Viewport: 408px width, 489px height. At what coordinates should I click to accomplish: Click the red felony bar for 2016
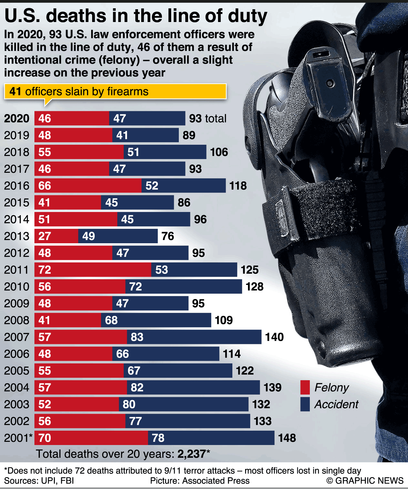(x=88, y=186)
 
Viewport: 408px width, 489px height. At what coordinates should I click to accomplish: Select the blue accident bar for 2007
(x=194, y=337)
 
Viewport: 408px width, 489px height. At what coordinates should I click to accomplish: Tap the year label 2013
(x=17, y=236)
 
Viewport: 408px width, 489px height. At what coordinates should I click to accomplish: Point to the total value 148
(x=287, y=438)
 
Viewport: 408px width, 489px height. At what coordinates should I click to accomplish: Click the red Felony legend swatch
(x=305, y=387)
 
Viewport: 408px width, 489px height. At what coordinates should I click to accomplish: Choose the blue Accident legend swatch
(x=305, y=404)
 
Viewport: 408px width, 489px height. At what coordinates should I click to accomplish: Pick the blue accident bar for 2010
(x=184, y=287)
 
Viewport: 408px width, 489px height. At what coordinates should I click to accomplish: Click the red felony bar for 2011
(x=93, y=270)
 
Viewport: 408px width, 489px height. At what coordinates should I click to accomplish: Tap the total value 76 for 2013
(x=168, y=236)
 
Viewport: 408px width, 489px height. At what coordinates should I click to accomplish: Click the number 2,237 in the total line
(x=192, y=454)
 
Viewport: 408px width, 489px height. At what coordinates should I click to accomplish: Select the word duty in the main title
(x=244, y=16)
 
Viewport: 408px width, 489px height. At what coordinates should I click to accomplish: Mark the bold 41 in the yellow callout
(x=15, y=91)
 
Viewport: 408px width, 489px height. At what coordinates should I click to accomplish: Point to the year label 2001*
(x=18, y=438)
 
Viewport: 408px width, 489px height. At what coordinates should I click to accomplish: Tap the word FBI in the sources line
(x=67, y=481)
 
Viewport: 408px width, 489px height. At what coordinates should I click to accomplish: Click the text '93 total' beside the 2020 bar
(x=208, y=119)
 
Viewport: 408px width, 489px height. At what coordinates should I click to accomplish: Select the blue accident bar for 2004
(x=193, y=387)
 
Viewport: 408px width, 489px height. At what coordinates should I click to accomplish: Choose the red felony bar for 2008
(x=68, y=320)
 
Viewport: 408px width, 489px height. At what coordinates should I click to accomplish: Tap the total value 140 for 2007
(x=274, y=337)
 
